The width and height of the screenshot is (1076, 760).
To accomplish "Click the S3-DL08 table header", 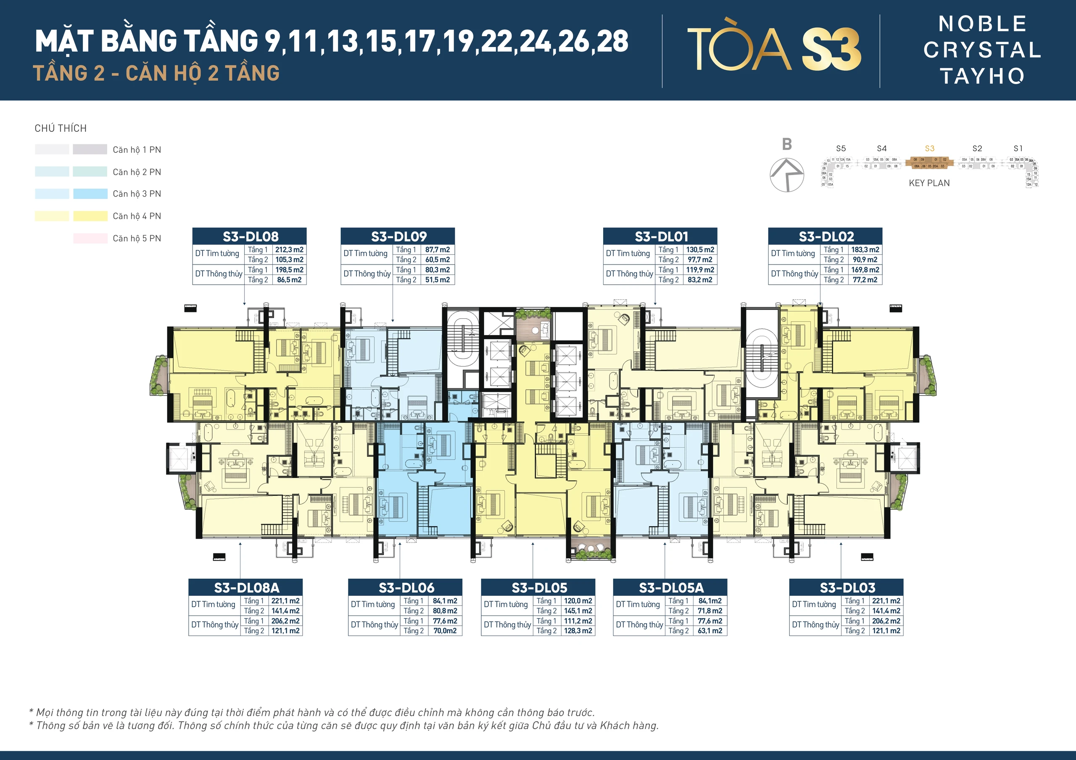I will pos(250,236).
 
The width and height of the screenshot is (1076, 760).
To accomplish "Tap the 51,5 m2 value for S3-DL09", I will pos(437,280).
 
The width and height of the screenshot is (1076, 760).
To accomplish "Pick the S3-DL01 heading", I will pos(660,236).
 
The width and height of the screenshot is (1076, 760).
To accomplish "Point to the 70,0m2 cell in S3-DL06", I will pos(445,631).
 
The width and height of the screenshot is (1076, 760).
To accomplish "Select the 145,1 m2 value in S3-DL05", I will pos(578,611).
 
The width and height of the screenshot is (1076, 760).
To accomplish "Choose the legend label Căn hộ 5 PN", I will pos(137,238).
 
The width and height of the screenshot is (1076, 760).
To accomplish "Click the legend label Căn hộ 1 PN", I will pos(137,150).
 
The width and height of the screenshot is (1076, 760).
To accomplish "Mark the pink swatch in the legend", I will pos(90,238).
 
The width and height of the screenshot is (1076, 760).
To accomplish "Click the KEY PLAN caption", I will pos(929,183).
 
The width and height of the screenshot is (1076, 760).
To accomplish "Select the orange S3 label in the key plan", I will pos(929,149).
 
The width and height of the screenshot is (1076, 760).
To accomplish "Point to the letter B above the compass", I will pos(787,144).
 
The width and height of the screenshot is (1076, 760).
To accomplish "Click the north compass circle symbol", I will pos(787,175).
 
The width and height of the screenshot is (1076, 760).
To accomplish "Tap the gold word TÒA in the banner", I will pos(739,49).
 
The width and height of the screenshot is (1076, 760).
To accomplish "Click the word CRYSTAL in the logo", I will pos(982,50).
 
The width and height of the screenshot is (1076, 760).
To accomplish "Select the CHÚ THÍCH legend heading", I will pos(61,128).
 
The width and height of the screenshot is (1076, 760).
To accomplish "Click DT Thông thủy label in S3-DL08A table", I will pos(215,625).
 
